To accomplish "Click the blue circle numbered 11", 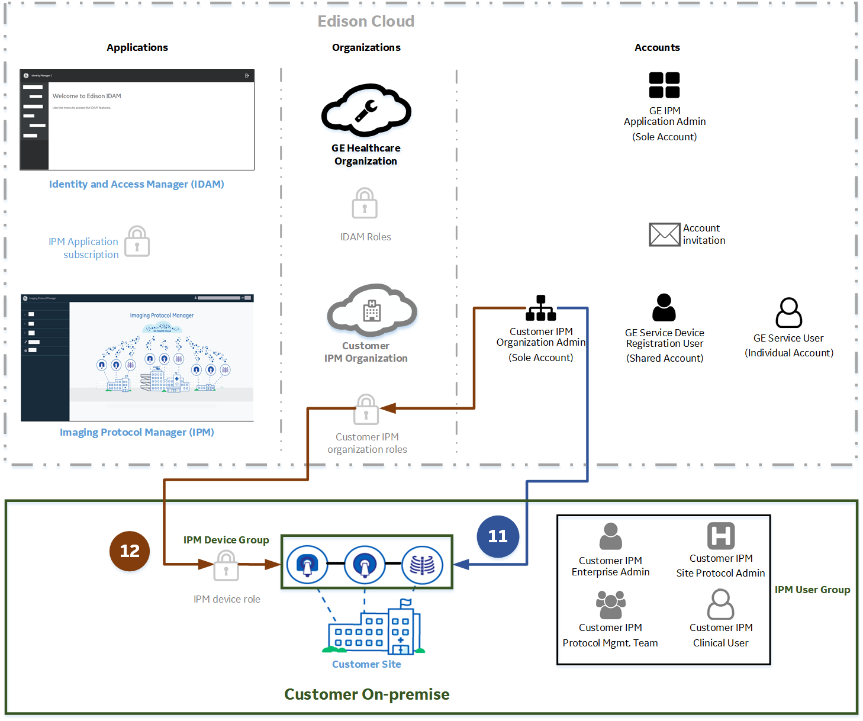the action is pyautogui.click(x=498, y=536).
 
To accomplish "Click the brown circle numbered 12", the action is pyautogui.click(x=130, y=551).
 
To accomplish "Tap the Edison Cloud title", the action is pyautogui.click(x=366, y=21).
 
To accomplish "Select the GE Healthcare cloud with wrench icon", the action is pyautogui.click(x=366, y=110).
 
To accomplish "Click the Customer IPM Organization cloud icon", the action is pyautogui.click(x=372, y=311).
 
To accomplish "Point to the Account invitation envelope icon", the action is pyautogui.click(x=664, y=234).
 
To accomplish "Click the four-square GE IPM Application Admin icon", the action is pyautogui.click(x=664, y=85).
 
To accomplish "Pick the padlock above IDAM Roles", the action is pyautogui.click(x=365, y=204).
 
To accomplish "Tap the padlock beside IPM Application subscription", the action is pyautogui.click(x=137, y=242).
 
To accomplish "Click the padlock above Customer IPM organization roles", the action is pyautogui.click(x=366, y=410).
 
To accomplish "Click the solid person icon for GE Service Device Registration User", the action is pyautogui.click(x=664, y=308).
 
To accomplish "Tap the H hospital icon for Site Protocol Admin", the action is pyautogui.click(x=721, y=536).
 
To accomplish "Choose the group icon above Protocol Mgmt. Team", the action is pyautogui.click(x=610, y=605).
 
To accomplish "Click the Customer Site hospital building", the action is pyautogui.click(x=375, y=631).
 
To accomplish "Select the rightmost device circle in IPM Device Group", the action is pyautogui.click(x=422, y=565).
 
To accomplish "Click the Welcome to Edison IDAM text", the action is pyautogui.click(x=86, y=96).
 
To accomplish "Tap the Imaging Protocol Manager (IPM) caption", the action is pyautogui.click(x=137, y=432).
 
